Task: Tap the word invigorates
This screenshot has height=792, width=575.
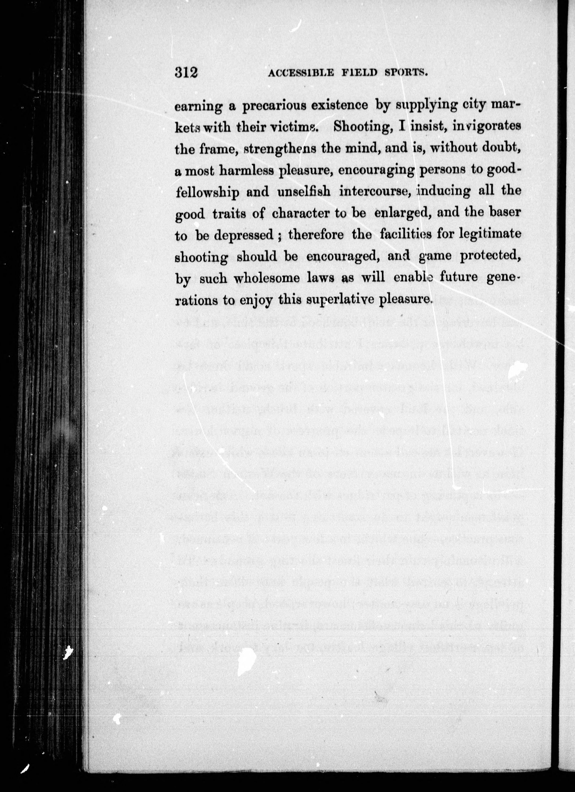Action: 486,127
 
